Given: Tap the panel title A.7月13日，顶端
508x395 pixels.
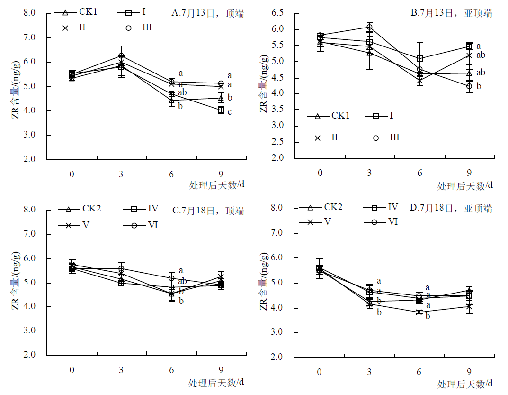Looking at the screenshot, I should tap(208, 14).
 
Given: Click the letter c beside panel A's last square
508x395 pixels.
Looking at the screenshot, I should tap(230, 112).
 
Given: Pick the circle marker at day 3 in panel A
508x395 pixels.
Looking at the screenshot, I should tap(122, 56).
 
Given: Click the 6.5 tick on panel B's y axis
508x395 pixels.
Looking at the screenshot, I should tap(283, 13).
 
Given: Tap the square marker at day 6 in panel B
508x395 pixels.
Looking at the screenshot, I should tap(420, 59).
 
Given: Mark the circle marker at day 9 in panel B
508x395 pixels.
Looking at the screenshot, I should tap(469, 86).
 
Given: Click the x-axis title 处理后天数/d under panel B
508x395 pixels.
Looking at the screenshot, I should tap(464, 186).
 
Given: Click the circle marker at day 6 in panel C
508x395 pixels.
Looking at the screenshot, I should tap(171, 278).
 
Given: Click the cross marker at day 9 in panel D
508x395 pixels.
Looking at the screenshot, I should tap(469, 307).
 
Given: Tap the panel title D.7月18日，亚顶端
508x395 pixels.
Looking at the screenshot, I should tap(451, 208).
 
